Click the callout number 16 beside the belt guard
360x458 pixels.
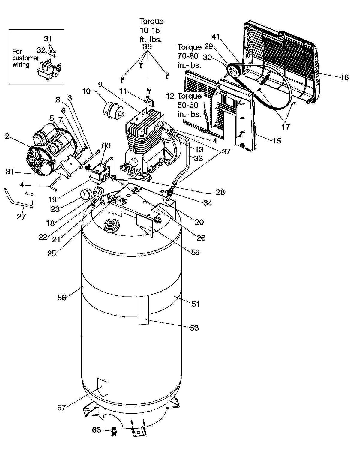[x=345, y=77]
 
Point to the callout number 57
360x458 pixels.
[x=61, y=408]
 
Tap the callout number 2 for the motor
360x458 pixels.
[x=7, y=136]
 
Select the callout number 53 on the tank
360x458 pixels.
[x=194, y=328]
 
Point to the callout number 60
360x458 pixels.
[x=106, y=146]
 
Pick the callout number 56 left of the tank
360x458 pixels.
[x=62, y=298]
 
